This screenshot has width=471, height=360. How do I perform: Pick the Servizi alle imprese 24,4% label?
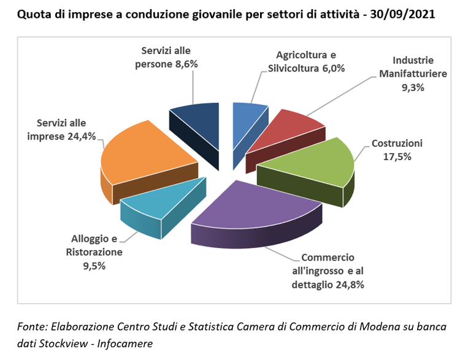click(x=61, y=129)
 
